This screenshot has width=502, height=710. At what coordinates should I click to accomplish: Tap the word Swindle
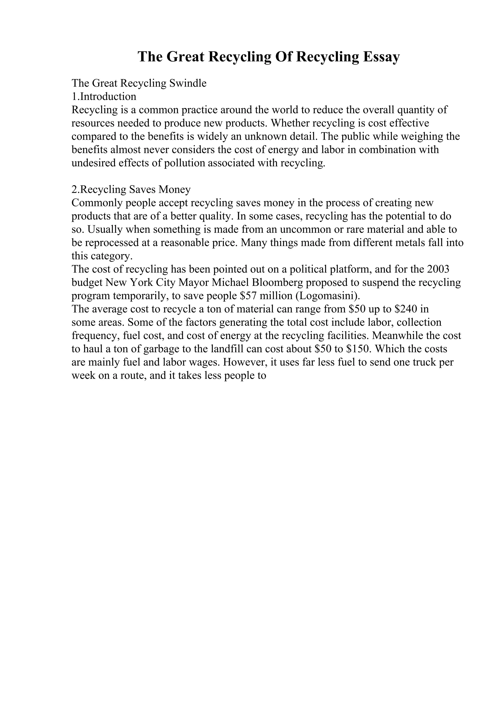188,83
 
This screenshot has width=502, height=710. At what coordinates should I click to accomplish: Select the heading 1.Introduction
104,97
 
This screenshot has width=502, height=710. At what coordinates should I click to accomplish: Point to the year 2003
438,269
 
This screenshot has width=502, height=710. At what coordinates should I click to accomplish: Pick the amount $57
248,296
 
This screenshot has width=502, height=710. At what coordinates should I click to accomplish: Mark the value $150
358,349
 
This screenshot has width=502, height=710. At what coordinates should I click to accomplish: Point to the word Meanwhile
397,336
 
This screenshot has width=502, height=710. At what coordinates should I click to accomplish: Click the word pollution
184,163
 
